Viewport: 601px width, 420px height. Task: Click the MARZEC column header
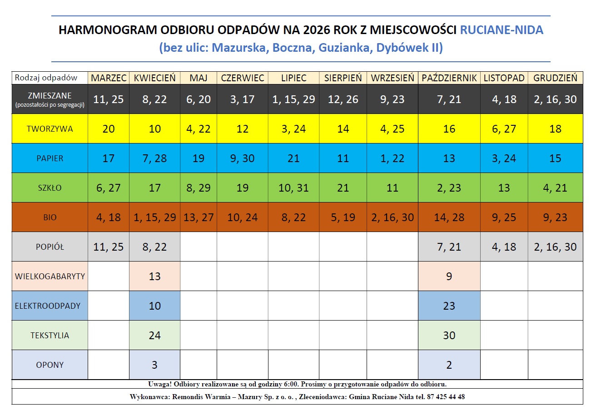click(x=109, y=78)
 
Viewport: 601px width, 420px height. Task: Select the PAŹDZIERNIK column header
click(x=449, y=78)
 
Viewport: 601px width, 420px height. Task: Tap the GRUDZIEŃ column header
click(x=555, y=78)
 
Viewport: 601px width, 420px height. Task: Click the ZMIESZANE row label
click(x=50, y=99)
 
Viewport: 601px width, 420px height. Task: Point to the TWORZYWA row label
click(x=50, y=129)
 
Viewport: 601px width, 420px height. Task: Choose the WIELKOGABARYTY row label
click(x=50, y=277)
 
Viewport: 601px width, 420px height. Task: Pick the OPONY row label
click(x=50, y=365)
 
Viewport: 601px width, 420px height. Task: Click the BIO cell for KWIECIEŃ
click(x=155, y=217)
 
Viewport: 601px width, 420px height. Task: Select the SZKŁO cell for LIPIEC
click(x=293, y=188)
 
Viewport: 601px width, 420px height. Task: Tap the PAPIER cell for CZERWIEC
click(x=243, y=158)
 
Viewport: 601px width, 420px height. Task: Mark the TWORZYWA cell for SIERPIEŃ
click(x=343, y=129)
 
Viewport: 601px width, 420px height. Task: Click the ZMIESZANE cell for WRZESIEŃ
click(x=392, y=99)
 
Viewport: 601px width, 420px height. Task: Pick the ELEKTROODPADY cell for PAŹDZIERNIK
click(x=449, y=306)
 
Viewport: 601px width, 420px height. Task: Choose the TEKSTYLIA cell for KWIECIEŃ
click(x=155, y=336)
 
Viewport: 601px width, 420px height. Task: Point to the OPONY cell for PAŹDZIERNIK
click(x=449, y=365)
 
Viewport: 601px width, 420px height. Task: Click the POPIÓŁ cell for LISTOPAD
click(x=504, y=247)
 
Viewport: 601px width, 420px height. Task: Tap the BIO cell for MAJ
click(x=199, y=217)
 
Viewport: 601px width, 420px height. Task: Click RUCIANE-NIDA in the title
click(x=502, y=30)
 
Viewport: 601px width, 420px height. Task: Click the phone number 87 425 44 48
click(x=446, y=397)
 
